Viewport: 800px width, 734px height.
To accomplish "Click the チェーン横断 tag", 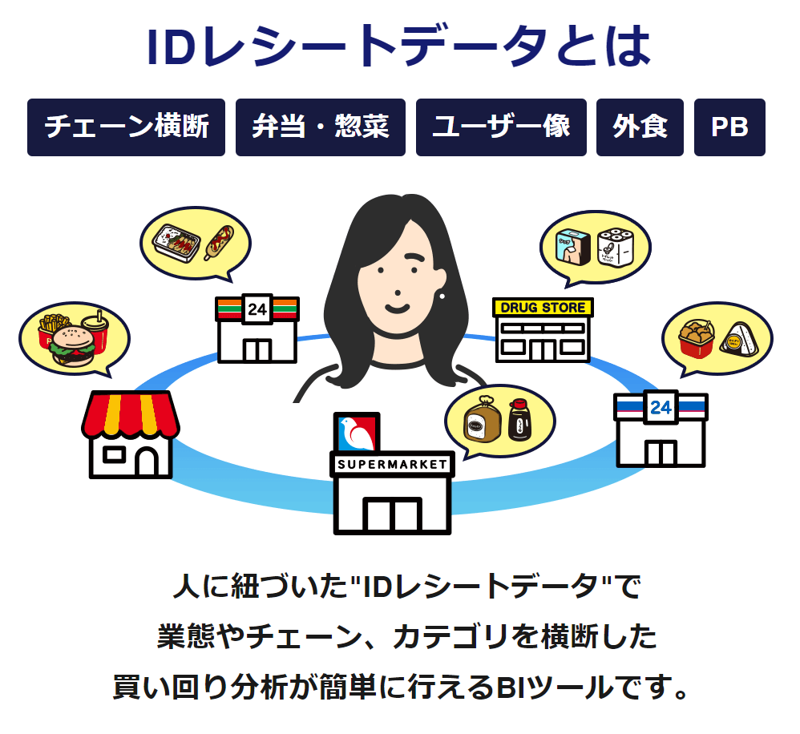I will pyautogui.click(x=126, y=127).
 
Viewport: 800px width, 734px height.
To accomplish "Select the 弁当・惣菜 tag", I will pyautogui.click(x=321, y=127).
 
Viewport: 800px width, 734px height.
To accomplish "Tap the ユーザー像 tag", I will pyautogui.click(x=501, y=127).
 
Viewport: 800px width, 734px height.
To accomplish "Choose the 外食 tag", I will pyautogui.click(x=640, y=127).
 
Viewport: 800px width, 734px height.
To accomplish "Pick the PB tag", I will pyautogui.click(x=729, y=127).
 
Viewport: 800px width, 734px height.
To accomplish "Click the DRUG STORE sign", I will pyautogui.click(x=543, y=308).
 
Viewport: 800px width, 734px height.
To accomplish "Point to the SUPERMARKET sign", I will pyautogui.click(x=392, y=464).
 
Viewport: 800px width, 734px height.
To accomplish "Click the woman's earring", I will pyautogui.click(x=442, y=296).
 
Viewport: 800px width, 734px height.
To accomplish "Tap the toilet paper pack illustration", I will pyautogui.click(x=615, y=247).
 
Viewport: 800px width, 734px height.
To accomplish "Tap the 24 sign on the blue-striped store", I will pyautogui.click(x=661, y=408).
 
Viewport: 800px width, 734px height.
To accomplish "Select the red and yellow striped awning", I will pyautogui.click(x=130, y=414).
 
